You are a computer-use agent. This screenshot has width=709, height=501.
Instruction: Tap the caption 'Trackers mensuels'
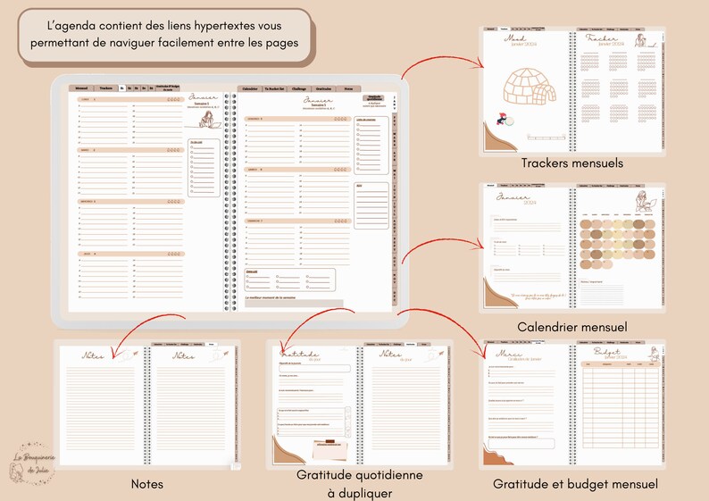coord(571,163)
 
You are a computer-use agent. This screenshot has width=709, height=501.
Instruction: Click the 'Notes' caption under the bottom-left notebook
coord(146,483)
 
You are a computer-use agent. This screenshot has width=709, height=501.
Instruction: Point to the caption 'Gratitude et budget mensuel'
coord(575,484)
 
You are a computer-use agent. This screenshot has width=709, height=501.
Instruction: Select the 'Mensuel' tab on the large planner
coord(81,88)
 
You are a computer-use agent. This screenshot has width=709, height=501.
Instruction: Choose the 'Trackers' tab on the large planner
coord(106,88)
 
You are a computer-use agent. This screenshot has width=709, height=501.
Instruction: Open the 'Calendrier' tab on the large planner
coord(250,89)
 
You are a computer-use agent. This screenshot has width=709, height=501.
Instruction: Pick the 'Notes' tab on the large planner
coord(348,89)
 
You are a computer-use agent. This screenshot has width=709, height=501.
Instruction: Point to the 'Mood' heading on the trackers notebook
coord(515,39)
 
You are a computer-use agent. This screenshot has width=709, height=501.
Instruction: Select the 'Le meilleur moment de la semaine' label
coord(275,297)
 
